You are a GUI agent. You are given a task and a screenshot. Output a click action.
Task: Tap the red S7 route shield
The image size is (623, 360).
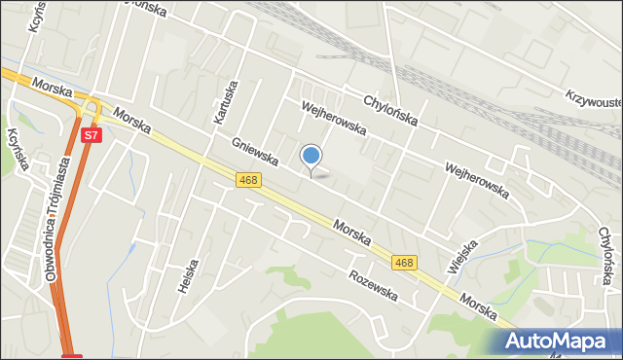(x=90, y=135)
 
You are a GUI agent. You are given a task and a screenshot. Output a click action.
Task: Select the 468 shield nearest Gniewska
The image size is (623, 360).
(x=248, y=180)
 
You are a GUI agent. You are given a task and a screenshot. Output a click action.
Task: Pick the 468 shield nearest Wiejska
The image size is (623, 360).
(x=405, y=263)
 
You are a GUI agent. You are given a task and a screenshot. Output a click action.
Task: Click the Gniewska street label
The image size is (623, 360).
(x=255, y=151)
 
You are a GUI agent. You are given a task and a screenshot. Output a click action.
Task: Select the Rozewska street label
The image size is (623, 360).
(x=373, y=284)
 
